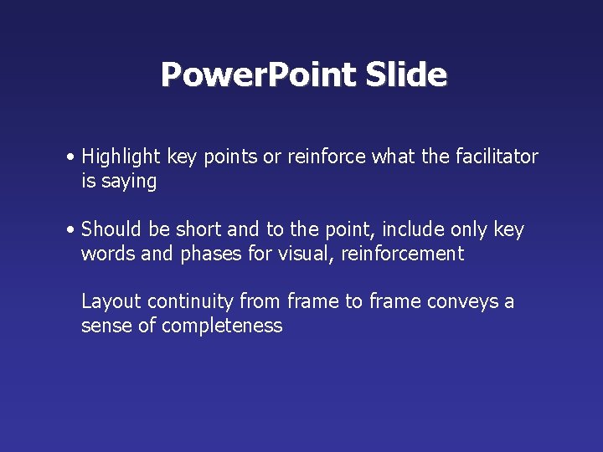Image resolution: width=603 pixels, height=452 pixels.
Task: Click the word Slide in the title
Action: click(x=406, y=74)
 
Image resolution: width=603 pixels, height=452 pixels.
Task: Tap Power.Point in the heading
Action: click(x=259, y=74)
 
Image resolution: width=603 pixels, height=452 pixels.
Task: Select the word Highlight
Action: click(x=122, y=157)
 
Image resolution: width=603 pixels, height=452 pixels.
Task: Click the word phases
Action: click(x=212, y=254)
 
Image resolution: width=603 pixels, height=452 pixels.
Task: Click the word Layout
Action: click(x=108, y=301)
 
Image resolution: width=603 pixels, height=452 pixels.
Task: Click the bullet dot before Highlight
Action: click(x=74, y=157)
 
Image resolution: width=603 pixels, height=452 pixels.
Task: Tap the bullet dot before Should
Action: click(x=74, y=230)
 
